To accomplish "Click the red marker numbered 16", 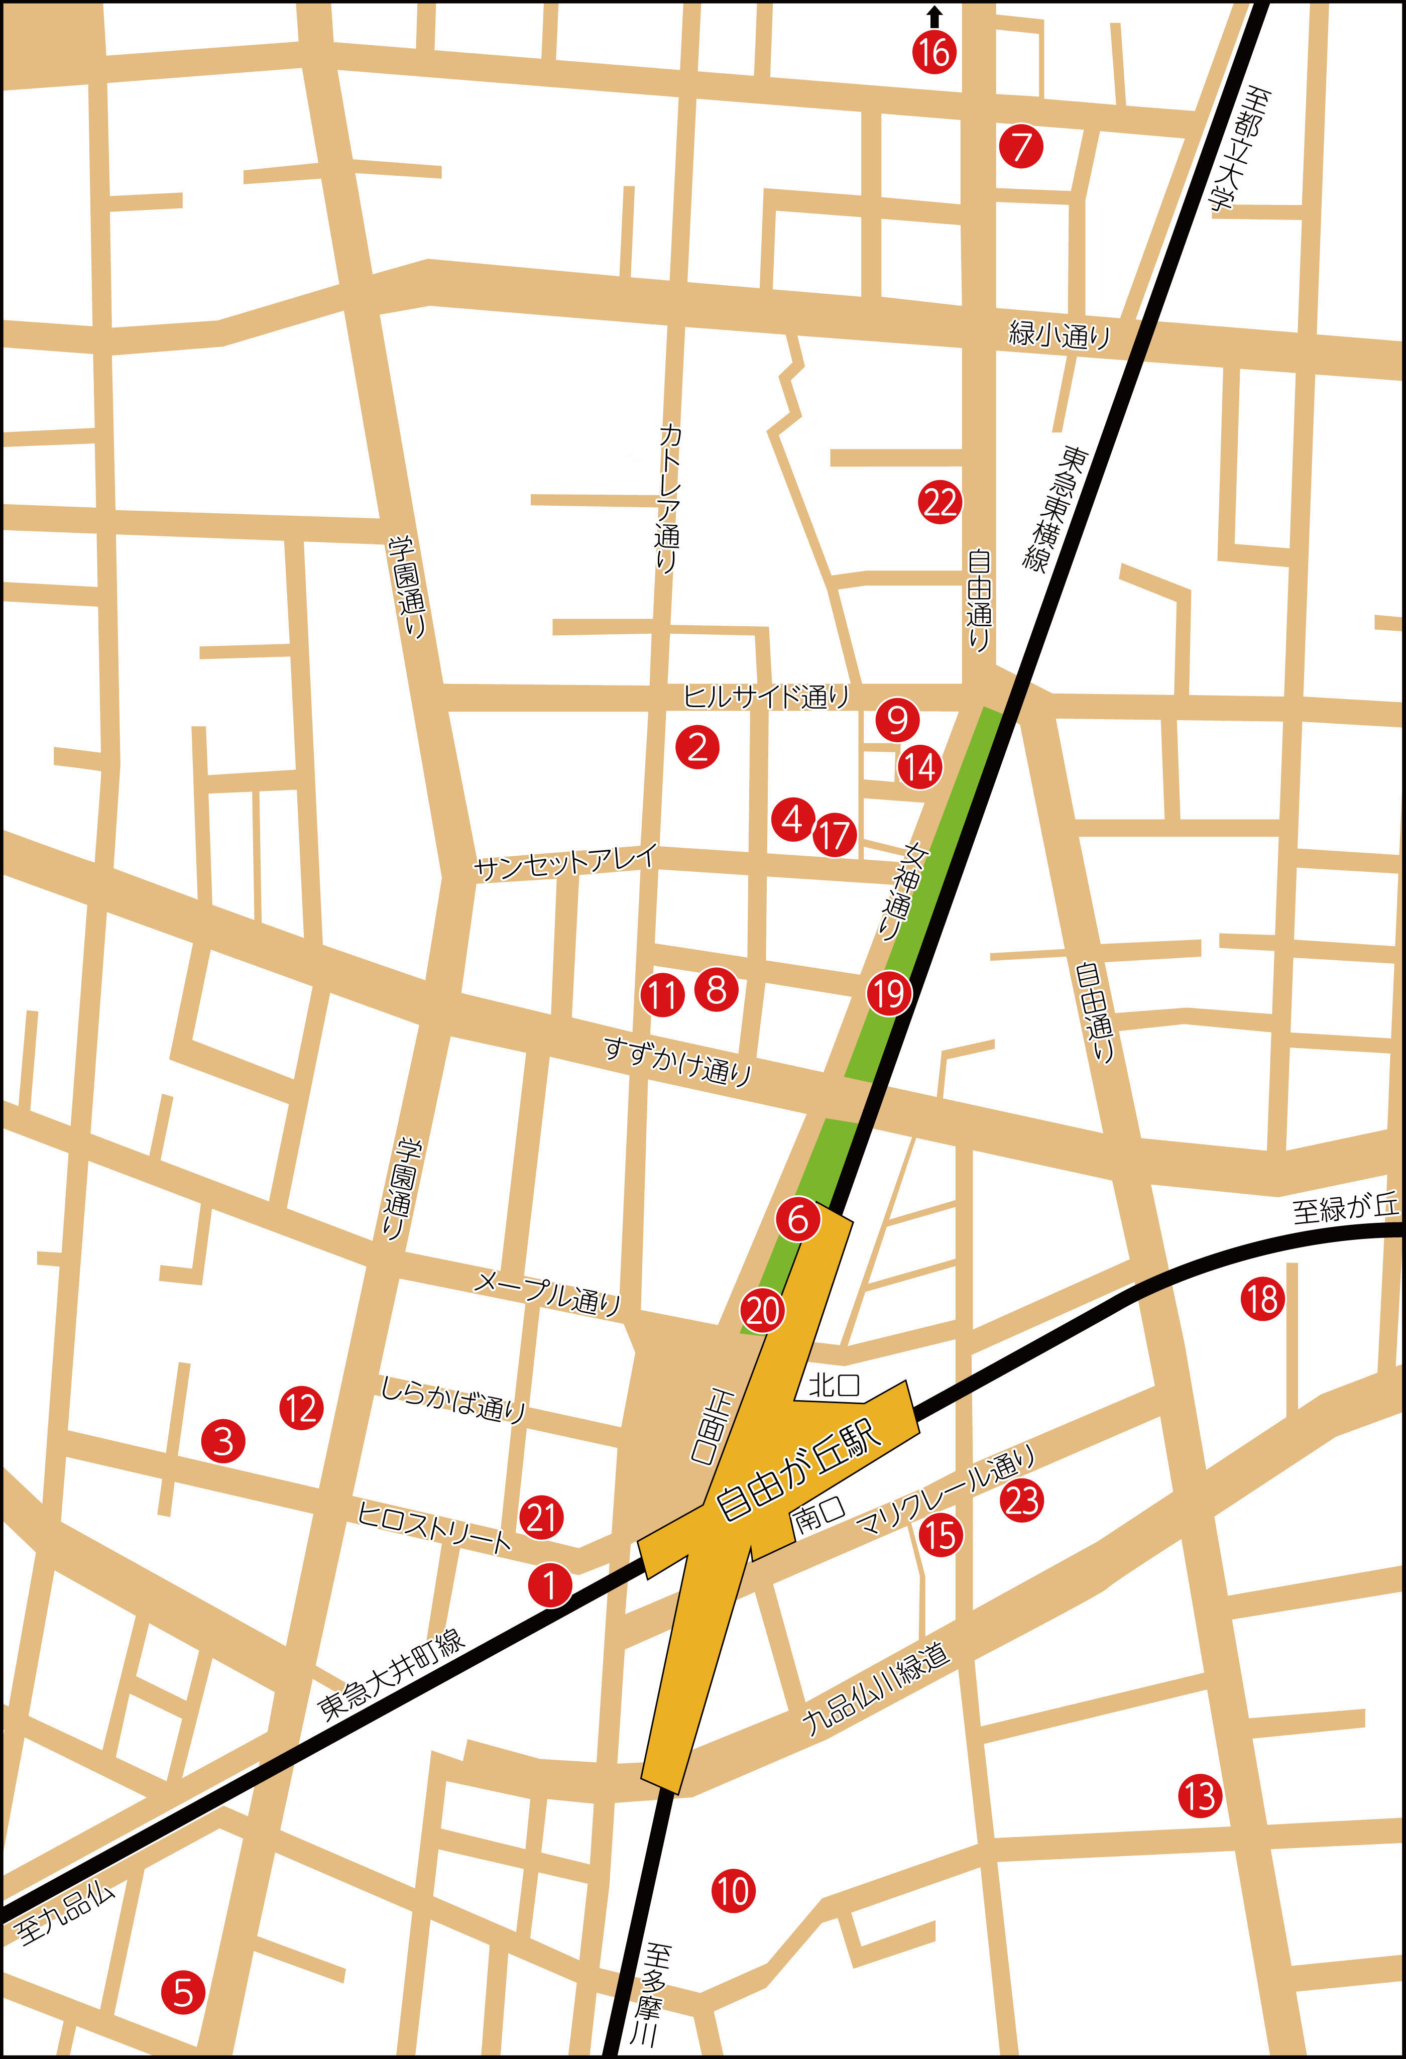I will [x=934, y=52].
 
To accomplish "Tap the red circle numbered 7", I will [x=1021, y=146].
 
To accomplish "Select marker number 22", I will [x=939, y=502].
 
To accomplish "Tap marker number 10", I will [x=733, y=1892].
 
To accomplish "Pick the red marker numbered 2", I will [x=697, y=747].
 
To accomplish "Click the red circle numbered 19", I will [x=889, y=993].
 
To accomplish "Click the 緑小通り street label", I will [x=1059, y=335].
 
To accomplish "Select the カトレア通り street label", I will [x=669, y=498].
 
